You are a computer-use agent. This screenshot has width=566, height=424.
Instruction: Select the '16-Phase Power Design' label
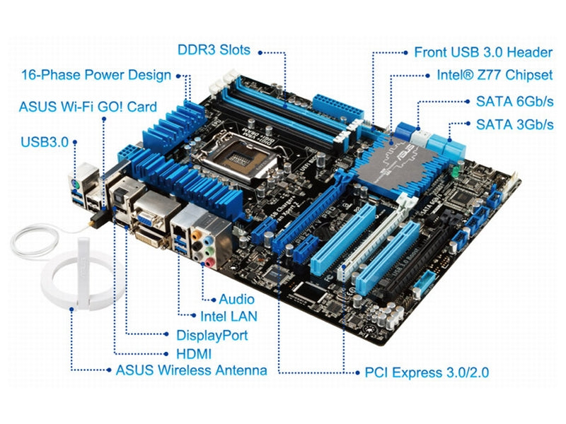(96, 75)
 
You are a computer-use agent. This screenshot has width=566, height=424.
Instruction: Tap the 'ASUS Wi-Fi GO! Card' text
(88, 107)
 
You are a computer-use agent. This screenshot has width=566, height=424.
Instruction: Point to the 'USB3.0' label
(45, 141)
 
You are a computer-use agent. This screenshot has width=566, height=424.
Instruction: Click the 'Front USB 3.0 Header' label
(483, 52)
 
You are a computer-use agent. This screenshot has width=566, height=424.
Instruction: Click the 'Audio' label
(236, 299)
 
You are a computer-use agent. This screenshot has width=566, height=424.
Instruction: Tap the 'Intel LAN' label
(229, 317)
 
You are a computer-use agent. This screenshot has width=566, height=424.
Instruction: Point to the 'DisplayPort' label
(212, 335)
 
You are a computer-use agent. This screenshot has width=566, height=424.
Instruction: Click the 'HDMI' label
(193, 353)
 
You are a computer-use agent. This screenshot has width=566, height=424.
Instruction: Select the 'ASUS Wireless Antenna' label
(191, 370)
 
